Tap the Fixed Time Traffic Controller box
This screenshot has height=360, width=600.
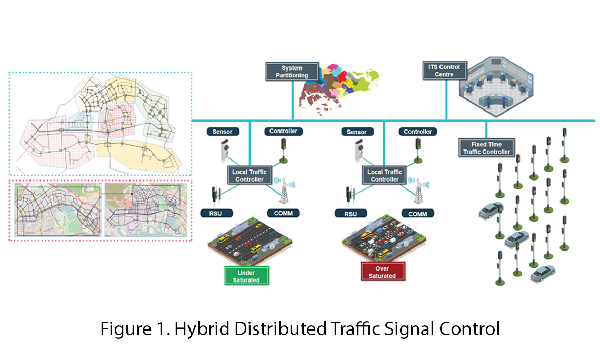[486, 148]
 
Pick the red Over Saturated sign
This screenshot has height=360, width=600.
[382, 272]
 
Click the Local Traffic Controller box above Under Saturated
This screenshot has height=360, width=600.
[250, 175]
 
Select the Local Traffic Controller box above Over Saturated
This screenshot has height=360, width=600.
[385, 175]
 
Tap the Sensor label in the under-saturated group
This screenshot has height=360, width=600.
[222, 131]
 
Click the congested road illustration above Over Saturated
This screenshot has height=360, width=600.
[383, 240]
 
